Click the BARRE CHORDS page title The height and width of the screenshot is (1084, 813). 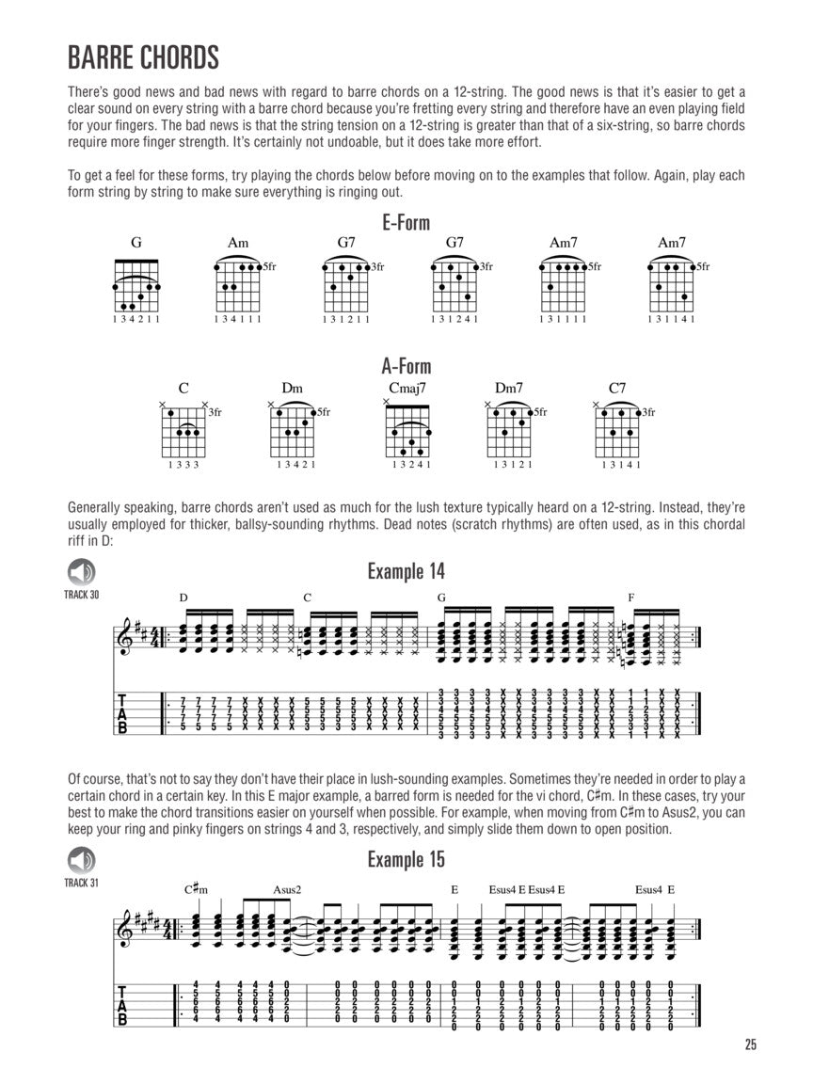(143, 57)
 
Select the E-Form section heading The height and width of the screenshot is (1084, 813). (406, 223)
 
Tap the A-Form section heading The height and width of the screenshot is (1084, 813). (406, 366)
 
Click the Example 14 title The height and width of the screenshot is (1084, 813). (406, 571)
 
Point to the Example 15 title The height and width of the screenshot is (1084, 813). (406, 859)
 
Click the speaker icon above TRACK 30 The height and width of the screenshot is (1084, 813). (81, 571)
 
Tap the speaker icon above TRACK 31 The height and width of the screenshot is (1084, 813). (81, 859)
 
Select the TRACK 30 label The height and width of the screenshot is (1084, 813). (81, 595)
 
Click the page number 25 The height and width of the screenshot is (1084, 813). (749, 1044)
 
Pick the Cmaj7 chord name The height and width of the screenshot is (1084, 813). (406, 387)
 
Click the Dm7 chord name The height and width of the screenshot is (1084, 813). (509, 387)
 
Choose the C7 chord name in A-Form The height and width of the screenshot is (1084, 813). (617, 387)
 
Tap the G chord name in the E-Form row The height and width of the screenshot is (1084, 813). (136, 243)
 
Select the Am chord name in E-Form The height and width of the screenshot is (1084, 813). (238, 243)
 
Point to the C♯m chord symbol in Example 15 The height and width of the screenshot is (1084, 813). (195, 889)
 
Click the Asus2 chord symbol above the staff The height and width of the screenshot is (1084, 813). (287, 889)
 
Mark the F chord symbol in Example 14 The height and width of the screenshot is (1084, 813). (631, 598)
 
